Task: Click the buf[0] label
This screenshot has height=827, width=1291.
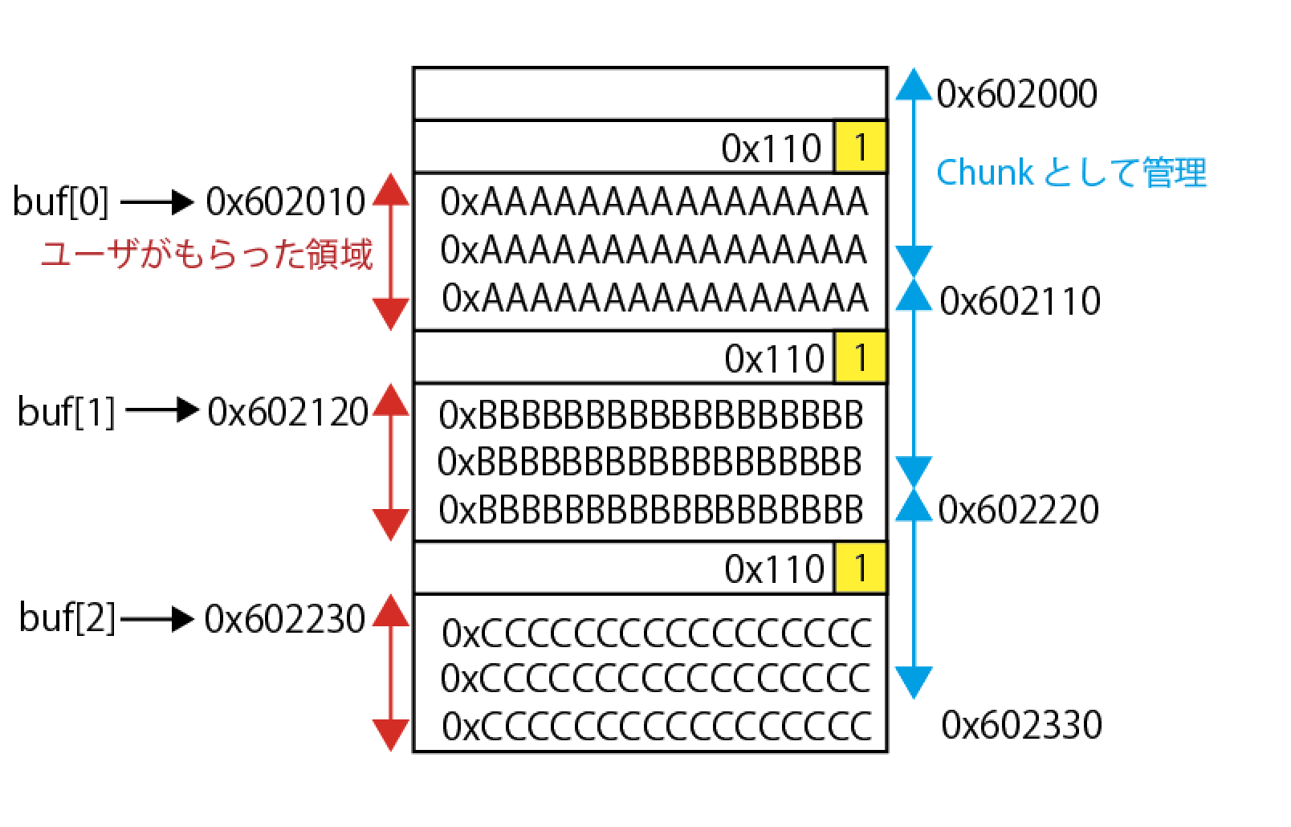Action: [x=60, y=202]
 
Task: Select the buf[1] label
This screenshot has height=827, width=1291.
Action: [x=66, y=412]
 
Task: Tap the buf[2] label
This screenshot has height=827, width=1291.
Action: [x=67, y=619]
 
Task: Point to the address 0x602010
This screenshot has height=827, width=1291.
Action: [x=286, y=202]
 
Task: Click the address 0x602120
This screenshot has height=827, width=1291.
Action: [x=287, y=412]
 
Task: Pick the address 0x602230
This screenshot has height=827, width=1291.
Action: [x=285, y=619]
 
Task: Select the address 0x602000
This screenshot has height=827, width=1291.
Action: [x=1016, y=94]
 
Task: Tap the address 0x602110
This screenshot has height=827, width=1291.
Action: [x=1020, y=301]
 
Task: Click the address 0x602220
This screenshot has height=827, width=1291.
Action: [x=1018, y=509]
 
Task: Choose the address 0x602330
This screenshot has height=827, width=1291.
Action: [x=1021, y=725]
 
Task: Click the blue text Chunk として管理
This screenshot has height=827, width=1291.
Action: [x=1071, y=172]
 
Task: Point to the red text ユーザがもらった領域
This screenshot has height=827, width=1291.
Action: [x=206, y=255]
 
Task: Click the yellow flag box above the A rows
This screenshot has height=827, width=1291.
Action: [x=860, y=147]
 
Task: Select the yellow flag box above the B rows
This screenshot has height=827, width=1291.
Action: [x=860, y=357]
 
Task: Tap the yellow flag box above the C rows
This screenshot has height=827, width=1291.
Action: [x=860, y=568]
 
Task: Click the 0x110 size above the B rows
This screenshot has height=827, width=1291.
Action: [x=774, y=359]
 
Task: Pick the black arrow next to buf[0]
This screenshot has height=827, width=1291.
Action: [x=157, y=202]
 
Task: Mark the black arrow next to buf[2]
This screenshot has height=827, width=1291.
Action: [x=157, y=620]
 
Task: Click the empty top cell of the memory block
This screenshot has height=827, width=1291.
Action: [x=650, y=94]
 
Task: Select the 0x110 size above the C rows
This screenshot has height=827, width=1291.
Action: [x=774, y=569]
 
